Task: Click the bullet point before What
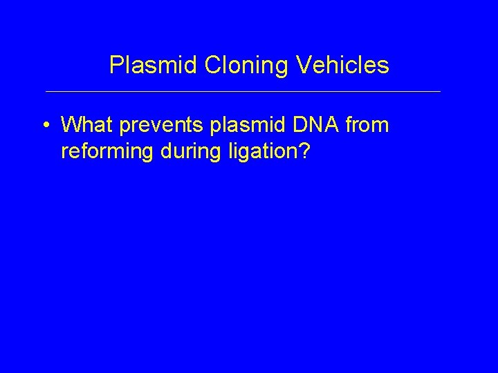click(x=45, y=126)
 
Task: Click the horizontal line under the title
click(x=242, y=91)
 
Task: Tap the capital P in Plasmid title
click(x=116, y=66)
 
